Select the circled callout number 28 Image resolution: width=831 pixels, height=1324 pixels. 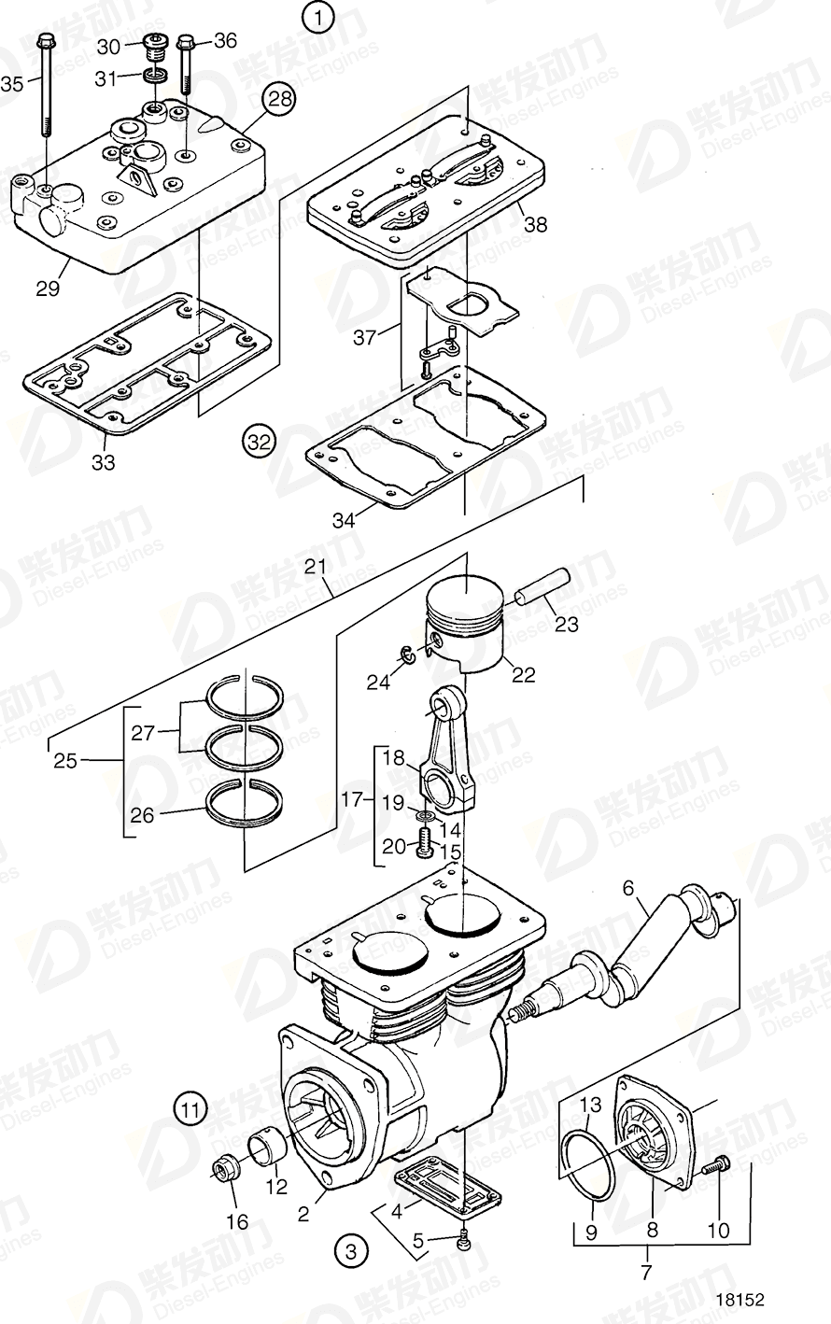[277, 98]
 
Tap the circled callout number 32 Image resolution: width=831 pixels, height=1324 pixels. [259, 439]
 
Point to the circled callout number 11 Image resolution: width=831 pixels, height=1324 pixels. [190, 1110]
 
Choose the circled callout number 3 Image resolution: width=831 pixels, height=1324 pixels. [350, 1250]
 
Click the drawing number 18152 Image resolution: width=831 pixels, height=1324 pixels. [740, 1299]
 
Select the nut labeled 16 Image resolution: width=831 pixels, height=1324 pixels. [227, 1168]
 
